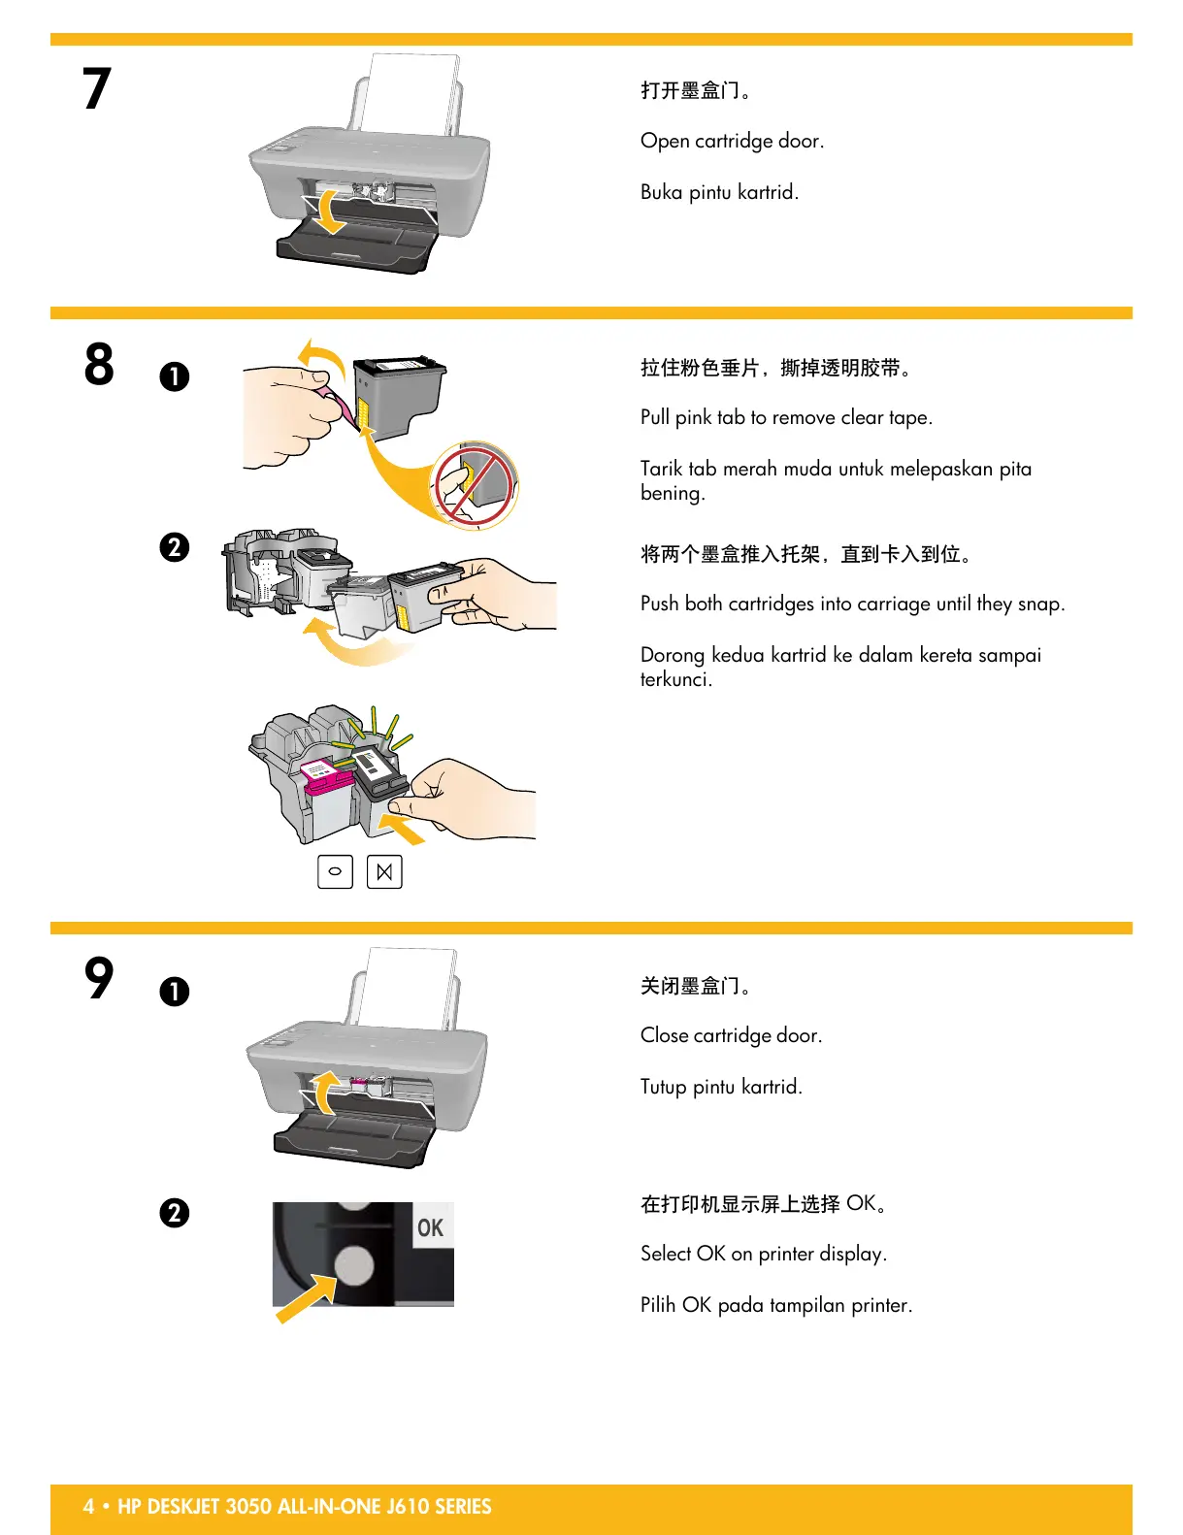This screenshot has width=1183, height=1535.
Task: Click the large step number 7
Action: pyautogui.click(x=96, y=88)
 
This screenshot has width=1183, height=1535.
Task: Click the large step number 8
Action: pyautogui.click(x=99, y=365)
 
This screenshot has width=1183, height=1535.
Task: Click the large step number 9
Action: pyautogui.click(x=99, y=977)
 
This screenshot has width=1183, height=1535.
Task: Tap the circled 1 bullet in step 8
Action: pyautogui.click(x=175, y=376)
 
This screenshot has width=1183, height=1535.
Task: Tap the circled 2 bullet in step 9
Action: pyautogui.click(x=175, y=1213)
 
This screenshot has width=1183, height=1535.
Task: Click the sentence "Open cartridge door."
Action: pyautogui.click(x=732, y=141)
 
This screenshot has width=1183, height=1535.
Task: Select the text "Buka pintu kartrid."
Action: pyautogui.click(x=719, y=192)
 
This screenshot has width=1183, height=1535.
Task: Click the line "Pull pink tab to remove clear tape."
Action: pyautogui.click(x=786, y=417)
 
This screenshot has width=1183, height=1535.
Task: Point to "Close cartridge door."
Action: pyautogui.click(x=731, y=1035)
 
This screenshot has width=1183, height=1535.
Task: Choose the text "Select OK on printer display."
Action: pyautogui.click(x=763, y=1254)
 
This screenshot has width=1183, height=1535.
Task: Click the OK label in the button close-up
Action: pyautogui.click(x=430, y=1228)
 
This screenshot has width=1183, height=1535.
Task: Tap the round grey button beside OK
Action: pyautogui.click(x=353, y=1265)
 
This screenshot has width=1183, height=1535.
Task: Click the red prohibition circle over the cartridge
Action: pyautogui.click(x=475, y=484)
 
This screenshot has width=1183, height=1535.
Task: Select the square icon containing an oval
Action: pyautogui.click(x=335, y=871)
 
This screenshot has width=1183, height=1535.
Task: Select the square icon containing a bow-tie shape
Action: pyautogui.click(x=384, y=871)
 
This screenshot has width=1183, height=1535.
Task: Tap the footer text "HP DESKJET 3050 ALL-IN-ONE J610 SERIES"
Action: pyautogui.click(x=304, y=1507)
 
